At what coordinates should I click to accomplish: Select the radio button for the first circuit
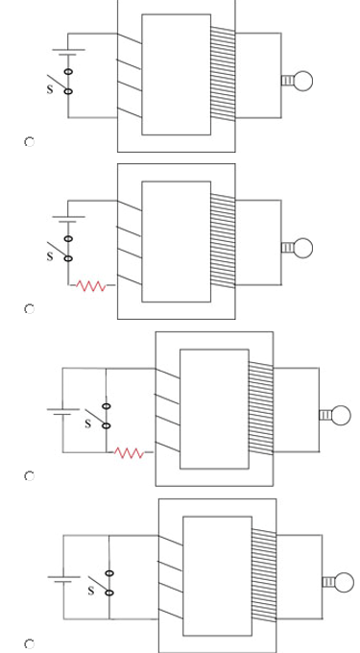pos(29,142)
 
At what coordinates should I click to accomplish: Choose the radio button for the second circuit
pos(29,309)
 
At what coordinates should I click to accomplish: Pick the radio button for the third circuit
pos(29,476)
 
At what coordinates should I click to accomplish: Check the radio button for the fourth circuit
pos(29,643)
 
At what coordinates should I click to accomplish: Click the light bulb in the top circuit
pos(298,81)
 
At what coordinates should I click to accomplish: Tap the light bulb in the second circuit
pos(298,248)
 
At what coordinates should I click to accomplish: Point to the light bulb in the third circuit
pos(335,415)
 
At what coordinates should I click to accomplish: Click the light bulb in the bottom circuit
pos(338,582)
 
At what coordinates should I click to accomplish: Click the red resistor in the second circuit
pos(91,286)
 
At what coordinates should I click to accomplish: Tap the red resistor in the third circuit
pos(129,453)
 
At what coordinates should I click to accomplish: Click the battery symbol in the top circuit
pos(68,52)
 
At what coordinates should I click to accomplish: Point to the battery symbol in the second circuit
pos(68,219)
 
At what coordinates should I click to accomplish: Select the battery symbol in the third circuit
pos(62,412)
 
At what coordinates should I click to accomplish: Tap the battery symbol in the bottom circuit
pos(63,579)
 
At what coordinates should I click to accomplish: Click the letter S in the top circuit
pos(50,89)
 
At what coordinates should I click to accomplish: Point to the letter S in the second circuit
pos(50,256)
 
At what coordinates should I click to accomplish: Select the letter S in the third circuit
pos(87,423)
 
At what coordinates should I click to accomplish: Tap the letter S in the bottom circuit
pos(91,591)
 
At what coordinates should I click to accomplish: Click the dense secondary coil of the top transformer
pos(223,74)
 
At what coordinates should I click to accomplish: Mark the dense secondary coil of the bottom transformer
pos(264,575)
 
